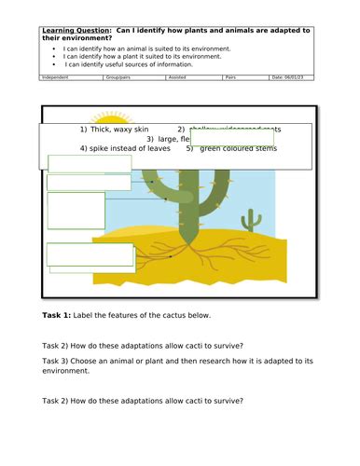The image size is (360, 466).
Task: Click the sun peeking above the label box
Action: (x=113, y=116)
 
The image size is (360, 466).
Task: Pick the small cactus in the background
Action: (x=249, y=220)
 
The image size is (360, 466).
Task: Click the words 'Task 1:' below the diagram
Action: (x=62, y=315)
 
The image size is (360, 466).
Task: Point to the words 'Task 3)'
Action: (x=62, y=360)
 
